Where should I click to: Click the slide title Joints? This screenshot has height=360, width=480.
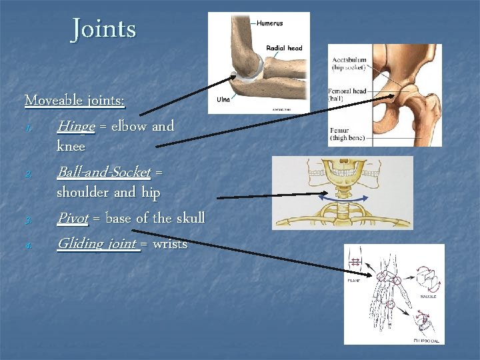click(x=103, y=29)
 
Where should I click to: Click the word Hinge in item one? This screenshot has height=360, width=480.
click(x=75, y=126)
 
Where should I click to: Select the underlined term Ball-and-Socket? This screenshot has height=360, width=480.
click(x=104, y=172)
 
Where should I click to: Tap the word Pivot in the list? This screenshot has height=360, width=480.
click(x=72, y=218)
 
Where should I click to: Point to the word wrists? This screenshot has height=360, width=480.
click(x=170, y=244)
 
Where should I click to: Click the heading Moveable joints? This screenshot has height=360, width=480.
click(x=75, y=101)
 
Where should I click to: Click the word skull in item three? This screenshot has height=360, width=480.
click(x=190, y=218)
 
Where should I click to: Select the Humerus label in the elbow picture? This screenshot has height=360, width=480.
click(x=269, y=23)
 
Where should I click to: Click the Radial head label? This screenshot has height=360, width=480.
click(x=284, y=48)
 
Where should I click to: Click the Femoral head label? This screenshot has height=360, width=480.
click(x=347, y=94)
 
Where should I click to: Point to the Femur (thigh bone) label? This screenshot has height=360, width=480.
click(x=347, y=135)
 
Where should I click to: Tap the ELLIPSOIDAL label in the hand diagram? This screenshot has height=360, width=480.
click(x=427, y=340)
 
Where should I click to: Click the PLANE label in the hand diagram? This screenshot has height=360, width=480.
click(x=353, y=281)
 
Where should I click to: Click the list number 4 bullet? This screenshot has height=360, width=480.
click(x=27, y=245)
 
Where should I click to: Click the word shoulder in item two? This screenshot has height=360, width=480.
click(x=83, y=193)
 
